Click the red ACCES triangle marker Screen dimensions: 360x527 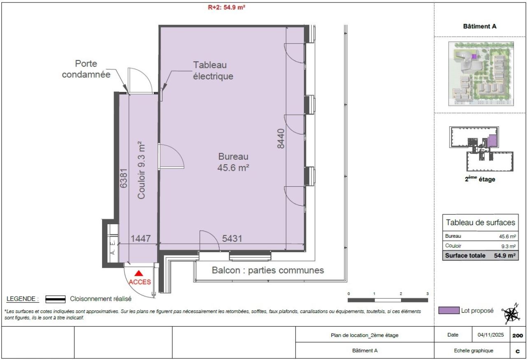click(139, 273)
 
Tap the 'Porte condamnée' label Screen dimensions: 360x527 click(86, 70)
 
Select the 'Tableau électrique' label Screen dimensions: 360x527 click(213, 70)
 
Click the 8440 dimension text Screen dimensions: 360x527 click(281, 139)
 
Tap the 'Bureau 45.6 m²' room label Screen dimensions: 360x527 click(233, 162)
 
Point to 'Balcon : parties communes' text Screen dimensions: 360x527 click(268, 270)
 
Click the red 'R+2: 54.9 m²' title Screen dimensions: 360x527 click(226, 7)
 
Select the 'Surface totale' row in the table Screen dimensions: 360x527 click(480, 255)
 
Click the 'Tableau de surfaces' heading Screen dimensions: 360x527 click(480, 223)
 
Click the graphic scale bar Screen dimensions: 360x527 click(388, 300)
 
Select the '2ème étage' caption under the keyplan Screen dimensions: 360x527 click(480, 179)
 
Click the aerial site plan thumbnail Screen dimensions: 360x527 click(480, 74)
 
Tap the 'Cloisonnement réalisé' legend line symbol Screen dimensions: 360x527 click(55, 299)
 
